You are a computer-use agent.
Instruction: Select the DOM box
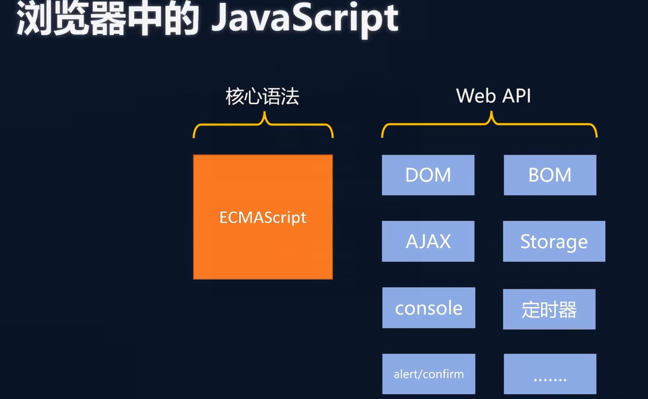click(428, 175)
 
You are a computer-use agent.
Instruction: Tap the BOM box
click(550, 175)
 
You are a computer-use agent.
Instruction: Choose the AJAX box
click(428, 241)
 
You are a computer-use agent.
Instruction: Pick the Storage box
click(554, 241)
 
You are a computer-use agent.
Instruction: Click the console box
click(429, 308)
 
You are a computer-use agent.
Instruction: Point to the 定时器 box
click(549, 309)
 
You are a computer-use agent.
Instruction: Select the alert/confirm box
click(429, 374)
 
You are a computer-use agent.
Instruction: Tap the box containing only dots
click(550, 374)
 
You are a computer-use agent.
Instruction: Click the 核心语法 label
click(262, 97)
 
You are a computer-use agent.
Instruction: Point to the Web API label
click(494, 96)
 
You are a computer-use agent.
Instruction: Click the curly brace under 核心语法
click(264, 125)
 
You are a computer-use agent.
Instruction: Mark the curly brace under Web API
click(490, 125)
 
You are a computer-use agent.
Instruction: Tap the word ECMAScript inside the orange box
click(263, 218)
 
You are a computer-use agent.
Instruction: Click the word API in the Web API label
click(516, 96)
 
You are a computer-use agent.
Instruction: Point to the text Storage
click(554, 242)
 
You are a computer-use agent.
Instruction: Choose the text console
click(429, 308)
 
